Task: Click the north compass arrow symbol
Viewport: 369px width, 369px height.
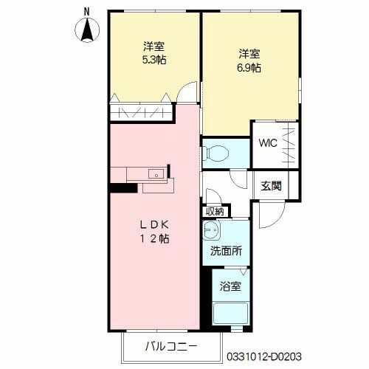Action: [x=87, y=30]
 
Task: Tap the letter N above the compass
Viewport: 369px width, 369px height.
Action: [x=87, y=10]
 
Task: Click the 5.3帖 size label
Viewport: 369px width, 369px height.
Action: [x=154, y=60]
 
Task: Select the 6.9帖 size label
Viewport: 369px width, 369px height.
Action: [x=249, y=67]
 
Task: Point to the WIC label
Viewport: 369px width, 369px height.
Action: [x=266, y=143]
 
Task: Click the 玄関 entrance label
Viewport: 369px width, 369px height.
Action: [x=270, y=185]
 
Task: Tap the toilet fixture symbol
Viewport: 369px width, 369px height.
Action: [x=218, y=154]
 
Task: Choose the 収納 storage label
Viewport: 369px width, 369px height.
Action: [x=215, y=211]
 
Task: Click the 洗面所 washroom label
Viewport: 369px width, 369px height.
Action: [x=225, y=251]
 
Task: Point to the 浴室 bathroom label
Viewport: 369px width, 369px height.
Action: [x=226, y=283]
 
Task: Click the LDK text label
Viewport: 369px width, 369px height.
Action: [x=156, y=224]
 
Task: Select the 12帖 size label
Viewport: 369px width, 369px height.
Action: [x=156, y=239]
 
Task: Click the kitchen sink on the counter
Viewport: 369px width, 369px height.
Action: [x=156, y=174]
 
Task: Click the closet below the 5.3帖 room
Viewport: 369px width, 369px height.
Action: [x=141, y=113]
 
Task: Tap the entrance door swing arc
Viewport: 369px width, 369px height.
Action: [x=272, y=214]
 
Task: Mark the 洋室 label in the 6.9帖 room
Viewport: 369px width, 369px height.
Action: [x=249, y=53]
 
